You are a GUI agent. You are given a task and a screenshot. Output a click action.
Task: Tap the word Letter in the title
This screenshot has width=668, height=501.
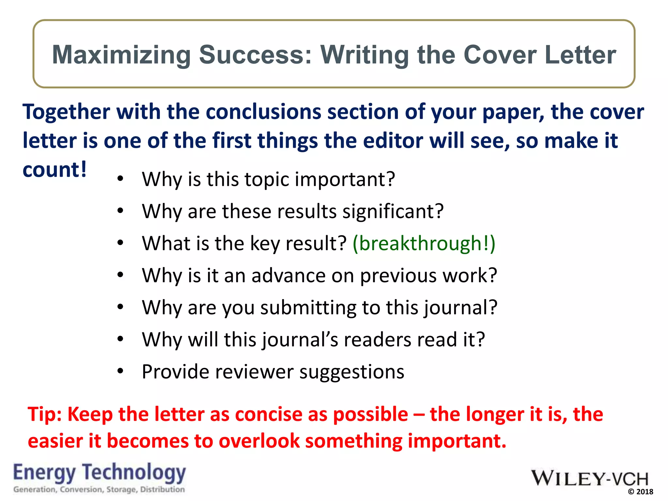580,55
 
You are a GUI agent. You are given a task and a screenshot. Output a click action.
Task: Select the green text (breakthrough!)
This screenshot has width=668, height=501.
424,243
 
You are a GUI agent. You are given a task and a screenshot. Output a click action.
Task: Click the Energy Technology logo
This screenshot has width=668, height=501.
99,473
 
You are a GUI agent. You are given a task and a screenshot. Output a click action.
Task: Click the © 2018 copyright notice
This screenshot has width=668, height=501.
640,492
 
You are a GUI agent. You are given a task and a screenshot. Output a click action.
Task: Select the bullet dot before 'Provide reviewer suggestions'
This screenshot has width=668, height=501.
120,371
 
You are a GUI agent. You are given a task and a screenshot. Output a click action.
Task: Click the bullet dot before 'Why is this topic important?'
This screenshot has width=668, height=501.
120,179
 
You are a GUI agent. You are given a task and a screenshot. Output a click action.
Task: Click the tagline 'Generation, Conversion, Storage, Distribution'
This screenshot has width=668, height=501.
99,489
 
